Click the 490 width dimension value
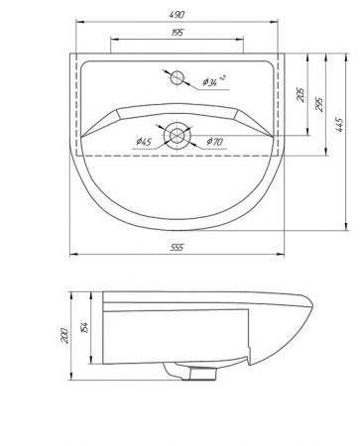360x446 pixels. [x=178, y=15]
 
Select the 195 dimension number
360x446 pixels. [x=178, y=33]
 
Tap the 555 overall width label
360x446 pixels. [x=177, y=248]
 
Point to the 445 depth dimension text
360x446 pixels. [x=339, y=125]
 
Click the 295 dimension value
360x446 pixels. [x=319, y=104]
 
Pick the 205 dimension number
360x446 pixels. [x=300, y=94]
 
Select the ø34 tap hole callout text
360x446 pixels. [x=214, y=81]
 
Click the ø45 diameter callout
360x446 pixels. [x=144, y=142]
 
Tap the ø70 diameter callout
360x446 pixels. [x=215, y=142]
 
